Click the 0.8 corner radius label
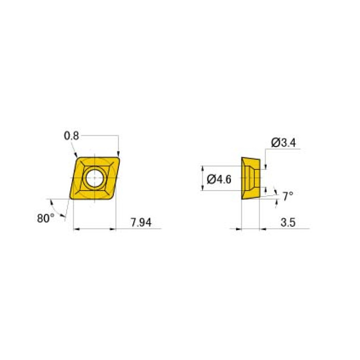71,136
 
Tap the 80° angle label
46,218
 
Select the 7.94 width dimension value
141,222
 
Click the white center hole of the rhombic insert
94,178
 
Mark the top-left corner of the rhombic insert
78,159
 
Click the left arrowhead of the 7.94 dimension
77,229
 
